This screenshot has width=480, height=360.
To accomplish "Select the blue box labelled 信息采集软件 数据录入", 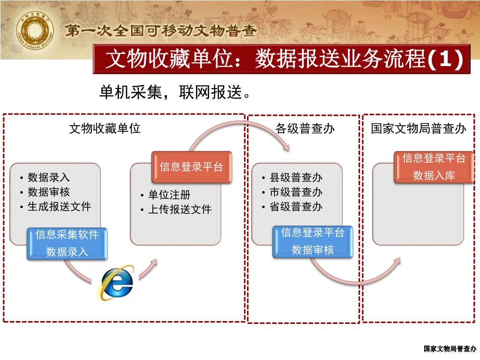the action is (67, 243).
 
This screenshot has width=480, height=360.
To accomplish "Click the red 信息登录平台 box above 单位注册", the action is (191, 166).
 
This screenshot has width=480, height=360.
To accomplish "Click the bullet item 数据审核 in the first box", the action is (49, 192).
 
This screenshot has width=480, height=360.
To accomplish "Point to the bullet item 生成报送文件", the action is (59, 206).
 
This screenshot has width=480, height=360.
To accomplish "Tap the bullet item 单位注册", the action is (169, 195).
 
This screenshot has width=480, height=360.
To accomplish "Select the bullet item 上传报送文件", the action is (180, 210).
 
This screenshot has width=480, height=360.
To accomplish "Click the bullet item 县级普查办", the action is (296, 178).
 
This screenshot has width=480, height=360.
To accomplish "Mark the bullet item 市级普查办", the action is (296, 192).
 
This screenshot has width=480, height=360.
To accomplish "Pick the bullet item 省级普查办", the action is (296, 206).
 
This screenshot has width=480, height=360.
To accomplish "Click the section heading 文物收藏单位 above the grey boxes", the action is (105, 128).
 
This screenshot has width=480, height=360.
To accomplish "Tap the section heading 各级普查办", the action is (305, 128).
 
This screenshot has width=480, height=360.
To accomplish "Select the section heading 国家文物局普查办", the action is (419, 128).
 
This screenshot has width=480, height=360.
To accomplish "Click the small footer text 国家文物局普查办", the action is (450, 348).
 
